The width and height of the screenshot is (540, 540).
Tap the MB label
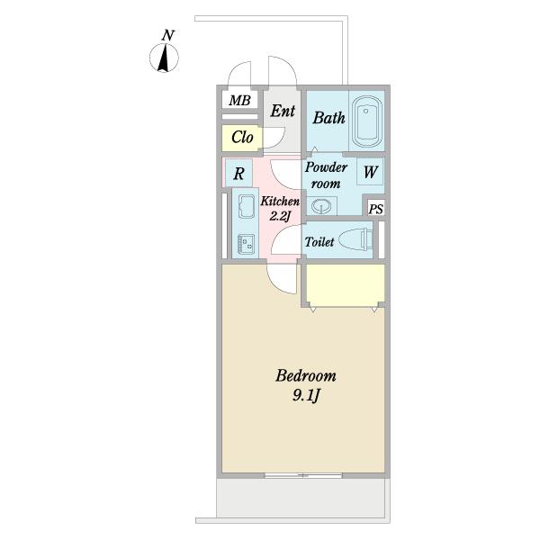pos(239,101)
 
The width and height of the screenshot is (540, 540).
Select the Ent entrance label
pos(283,111)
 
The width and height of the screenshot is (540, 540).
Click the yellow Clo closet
pos(242,138)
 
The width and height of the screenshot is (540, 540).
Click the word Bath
pos(328,118)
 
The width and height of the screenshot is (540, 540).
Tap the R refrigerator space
pos(239,173)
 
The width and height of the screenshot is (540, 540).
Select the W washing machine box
pos(370,172)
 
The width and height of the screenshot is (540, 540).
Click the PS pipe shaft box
pos(375,209)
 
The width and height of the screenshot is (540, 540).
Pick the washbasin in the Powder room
pos(321,206)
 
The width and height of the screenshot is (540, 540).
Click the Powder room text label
pos(326,175)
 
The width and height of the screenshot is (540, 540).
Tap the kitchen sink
pos(246,206)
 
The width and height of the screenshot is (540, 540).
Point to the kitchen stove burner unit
pos(246,244)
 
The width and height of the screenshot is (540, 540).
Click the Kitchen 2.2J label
pos(280,209)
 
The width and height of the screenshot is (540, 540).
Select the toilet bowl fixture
pos(355,239)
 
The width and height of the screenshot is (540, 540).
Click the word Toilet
pos(319,242)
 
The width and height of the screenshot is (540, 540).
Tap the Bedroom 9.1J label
pos(306,385)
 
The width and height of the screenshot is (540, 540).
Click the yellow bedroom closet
pos(346,284)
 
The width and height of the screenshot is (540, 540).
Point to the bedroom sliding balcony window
pos(303,475)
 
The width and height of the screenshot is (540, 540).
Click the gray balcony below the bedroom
pos(303,498)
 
